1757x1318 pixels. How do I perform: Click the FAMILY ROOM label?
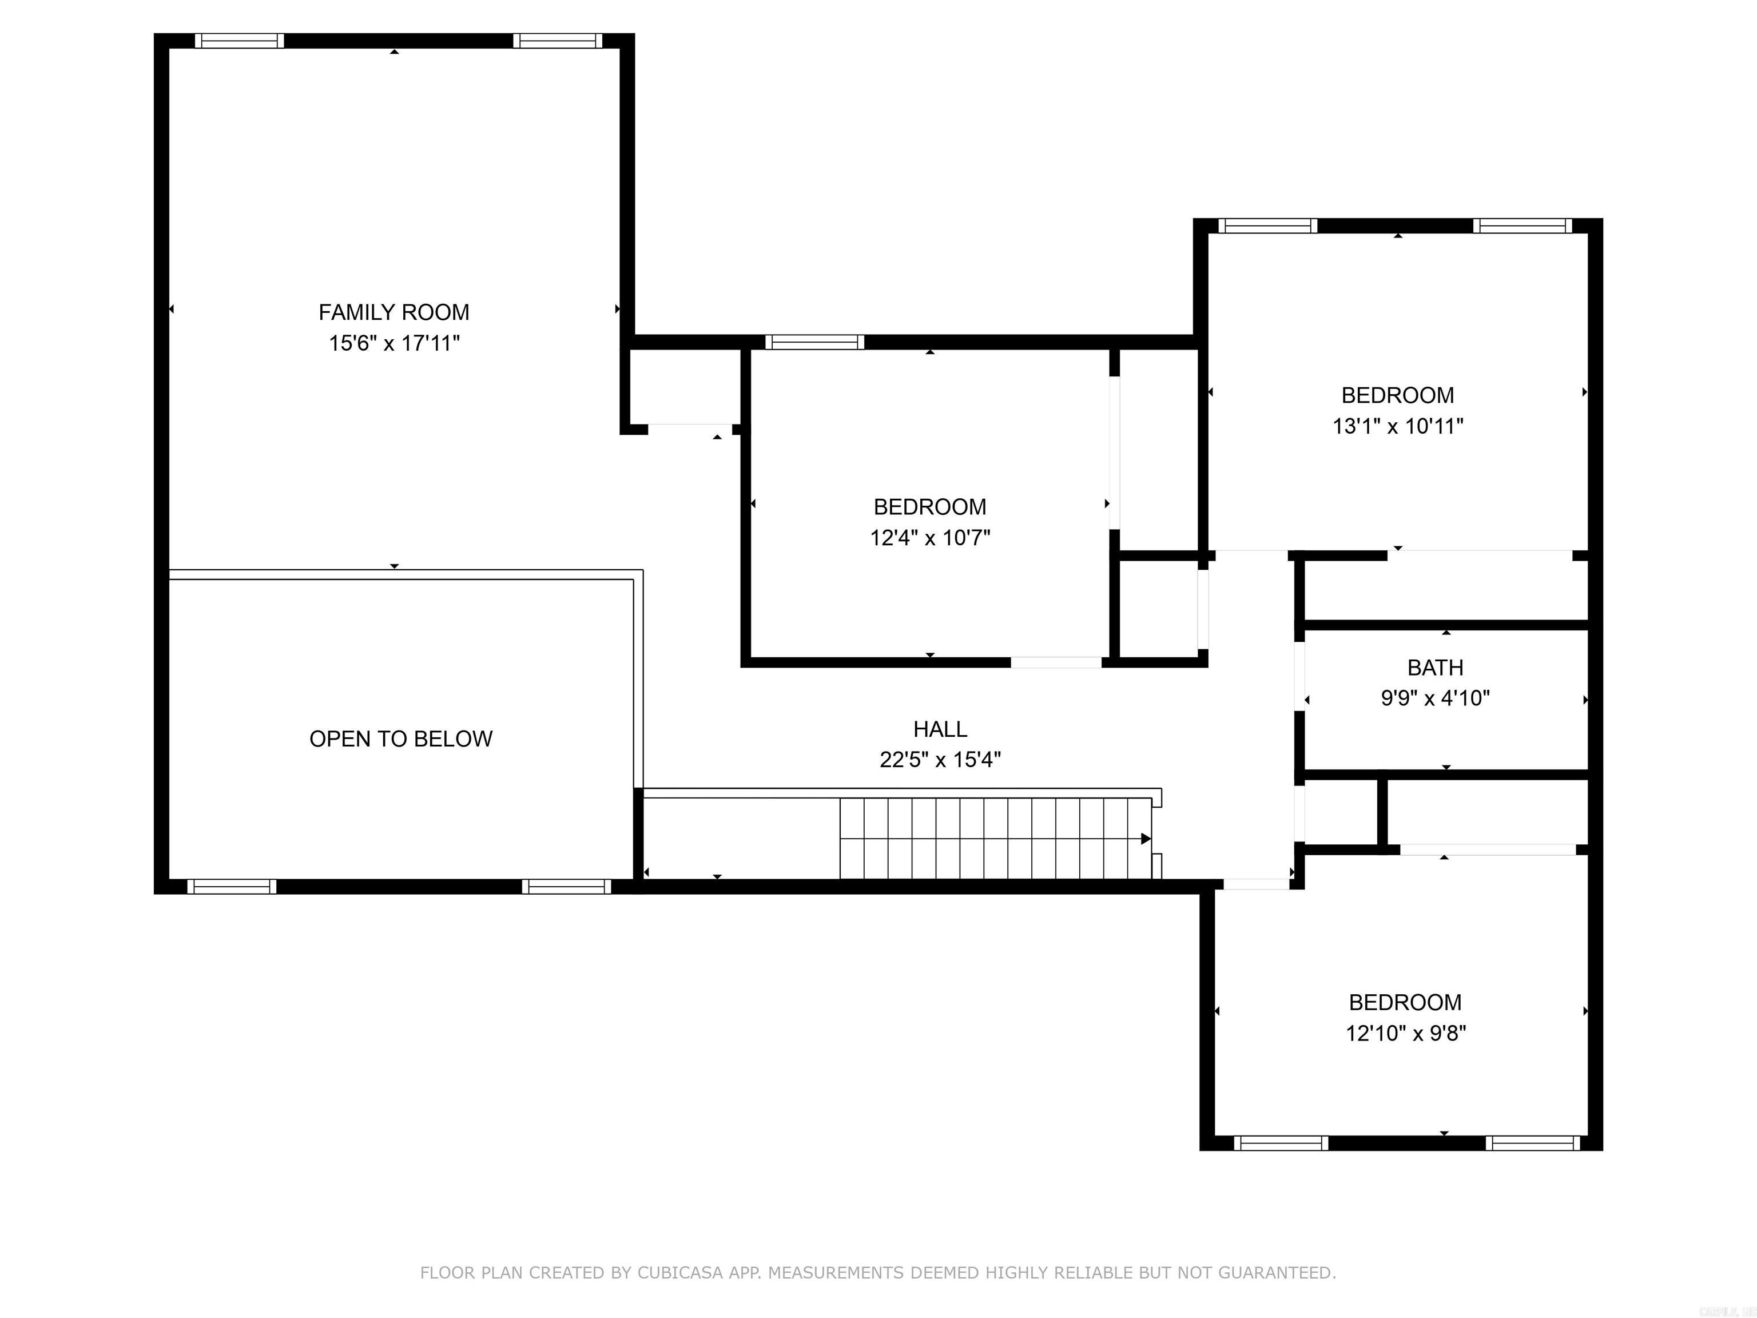(x=394, y=312)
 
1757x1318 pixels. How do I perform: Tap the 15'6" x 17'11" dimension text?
(x=394, y=343)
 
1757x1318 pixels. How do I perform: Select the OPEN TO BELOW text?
(x=400, y=739)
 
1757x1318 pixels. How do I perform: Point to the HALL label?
(x=940, y=729)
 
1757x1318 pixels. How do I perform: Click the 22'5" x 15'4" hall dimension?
(x=940, y=760)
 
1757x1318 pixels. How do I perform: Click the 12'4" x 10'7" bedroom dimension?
(x=930, y=538)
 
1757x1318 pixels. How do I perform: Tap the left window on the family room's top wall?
(x=239, y=41)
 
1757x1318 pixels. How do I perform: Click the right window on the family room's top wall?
(x=558, y=41)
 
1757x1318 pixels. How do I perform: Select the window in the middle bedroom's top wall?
(x=814, y=343)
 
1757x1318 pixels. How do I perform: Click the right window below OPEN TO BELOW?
(x=566, y=887)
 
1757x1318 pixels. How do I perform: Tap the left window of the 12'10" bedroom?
(x=1281, y=1143)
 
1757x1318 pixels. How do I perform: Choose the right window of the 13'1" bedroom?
(x=1522, y=225)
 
